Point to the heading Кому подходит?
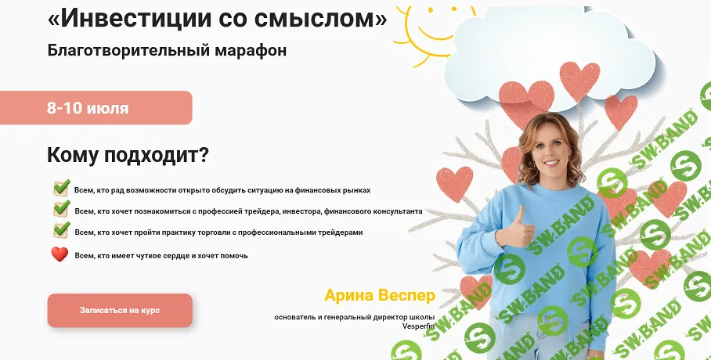pyautogui.click(x=128, y=155)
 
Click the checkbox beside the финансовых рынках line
pyautogui.click(x=61, y=189)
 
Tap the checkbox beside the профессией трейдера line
pyautogui.click(x=61, y=210)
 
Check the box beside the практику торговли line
pyautogui.click(x=61, y=231)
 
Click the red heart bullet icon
pyautogui.click(x=60, y=254)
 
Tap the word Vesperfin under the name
pyautogui.click(x=418, y=326)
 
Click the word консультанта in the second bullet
pyautogui.click(x=395, y=211)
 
